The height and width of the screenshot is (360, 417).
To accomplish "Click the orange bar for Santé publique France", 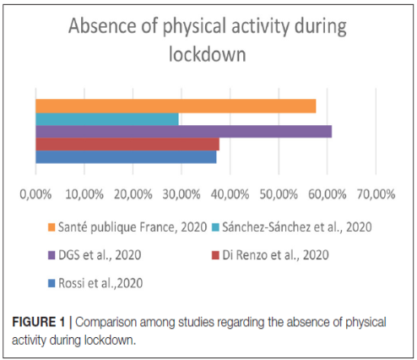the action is point(176,106).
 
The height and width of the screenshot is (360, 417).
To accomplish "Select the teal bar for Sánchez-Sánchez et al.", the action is point(107,119).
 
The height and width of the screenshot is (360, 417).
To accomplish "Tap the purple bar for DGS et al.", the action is point(184,132).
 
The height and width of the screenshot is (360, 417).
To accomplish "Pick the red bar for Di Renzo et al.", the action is point(127,144).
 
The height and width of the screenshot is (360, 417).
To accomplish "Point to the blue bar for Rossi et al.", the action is point(126,156).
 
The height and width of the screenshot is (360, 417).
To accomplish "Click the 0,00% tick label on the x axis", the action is point(35,194).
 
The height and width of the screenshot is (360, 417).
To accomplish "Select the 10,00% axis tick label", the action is point(84,194).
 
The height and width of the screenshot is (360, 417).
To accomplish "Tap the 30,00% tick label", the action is point(181,194).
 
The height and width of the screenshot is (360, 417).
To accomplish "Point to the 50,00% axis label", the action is point(279,194).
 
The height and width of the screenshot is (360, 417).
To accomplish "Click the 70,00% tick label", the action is point(376,194).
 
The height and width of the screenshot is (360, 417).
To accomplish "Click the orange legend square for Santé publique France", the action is point(51,227).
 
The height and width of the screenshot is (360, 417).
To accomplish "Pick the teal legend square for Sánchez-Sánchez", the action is point(215,227).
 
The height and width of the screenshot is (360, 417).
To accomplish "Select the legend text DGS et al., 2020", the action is point(100,255).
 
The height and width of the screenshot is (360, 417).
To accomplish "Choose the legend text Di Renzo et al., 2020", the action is point(275,255).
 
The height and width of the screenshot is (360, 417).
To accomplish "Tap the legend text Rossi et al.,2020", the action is point(100,283).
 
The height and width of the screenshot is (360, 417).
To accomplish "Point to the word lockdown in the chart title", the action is point(208,54).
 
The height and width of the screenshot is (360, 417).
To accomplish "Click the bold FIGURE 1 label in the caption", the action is point(39,322).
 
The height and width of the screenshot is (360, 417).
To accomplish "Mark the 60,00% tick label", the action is point(328,194).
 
